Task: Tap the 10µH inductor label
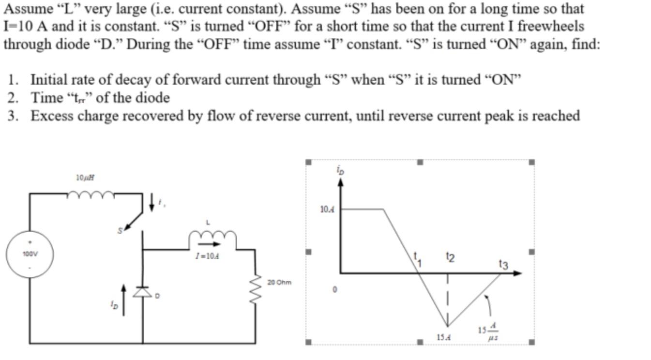click(85, 178)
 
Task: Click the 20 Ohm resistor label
click(279, 282)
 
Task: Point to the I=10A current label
click(207, 256)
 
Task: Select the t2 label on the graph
click(450, 257)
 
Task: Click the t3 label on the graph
click(503, 264)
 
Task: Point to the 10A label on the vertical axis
click(328, 210)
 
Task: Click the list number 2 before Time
click(13, 98)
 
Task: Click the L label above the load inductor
click(208, 223)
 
